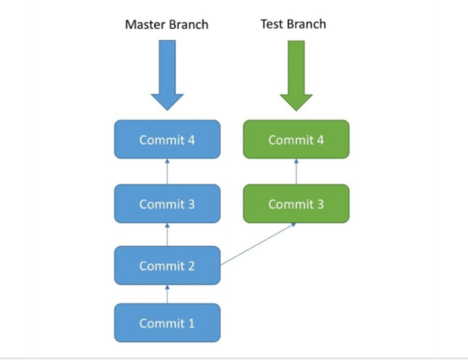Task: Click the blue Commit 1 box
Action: point(168,323)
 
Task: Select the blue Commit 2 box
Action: point(168,266)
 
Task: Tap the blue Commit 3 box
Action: point(168,203)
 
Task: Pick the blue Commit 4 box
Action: point(168,140)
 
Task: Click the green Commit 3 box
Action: point(296,203)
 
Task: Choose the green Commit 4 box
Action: point(296,140)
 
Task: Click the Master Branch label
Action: point(167,25)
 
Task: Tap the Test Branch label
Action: point(293,24)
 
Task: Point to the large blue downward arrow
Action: point(168,77)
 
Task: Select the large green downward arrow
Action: point(296,77)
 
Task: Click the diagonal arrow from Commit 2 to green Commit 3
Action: point(258,244)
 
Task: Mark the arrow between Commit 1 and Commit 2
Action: point(168,294)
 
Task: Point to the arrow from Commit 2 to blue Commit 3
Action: point(168,235)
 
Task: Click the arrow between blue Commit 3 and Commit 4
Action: point(168,171)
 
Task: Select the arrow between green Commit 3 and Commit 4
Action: point(296,171)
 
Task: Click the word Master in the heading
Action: point(146,25)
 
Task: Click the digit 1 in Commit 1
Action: point(191,323)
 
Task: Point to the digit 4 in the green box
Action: point(320,140)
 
